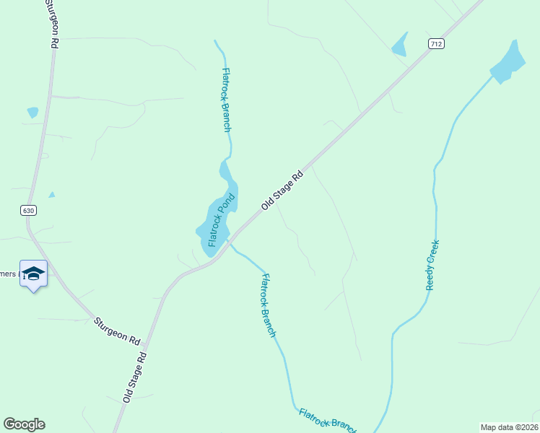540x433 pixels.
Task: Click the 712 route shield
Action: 435,44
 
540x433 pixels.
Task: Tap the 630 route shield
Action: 27,211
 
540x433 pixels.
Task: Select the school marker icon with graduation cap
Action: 33,274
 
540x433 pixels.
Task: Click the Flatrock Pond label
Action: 222,220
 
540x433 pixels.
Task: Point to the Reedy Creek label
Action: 432,265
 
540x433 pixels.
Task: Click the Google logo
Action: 24,424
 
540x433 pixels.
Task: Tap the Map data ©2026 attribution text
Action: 509,427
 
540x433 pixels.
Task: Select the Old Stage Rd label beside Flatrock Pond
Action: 282,191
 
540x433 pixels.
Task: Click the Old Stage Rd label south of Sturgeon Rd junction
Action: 135,377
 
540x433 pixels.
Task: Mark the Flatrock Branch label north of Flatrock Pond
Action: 226,100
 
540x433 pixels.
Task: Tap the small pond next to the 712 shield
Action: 399,46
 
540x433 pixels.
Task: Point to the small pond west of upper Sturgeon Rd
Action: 32,112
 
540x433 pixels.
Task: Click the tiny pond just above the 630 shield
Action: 51,194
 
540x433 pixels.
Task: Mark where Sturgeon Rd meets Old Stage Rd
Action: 146,346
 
